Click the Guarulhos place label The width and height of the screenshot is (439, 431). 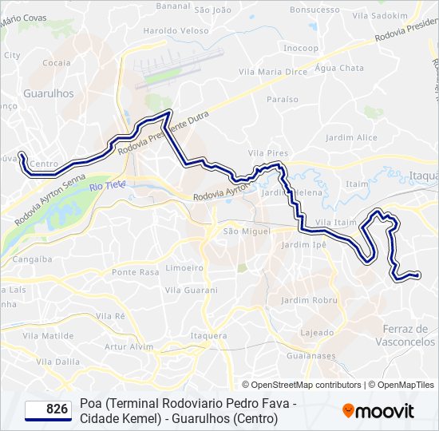(48, 93)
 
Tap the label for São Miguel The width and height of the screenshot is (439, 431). (242, 231)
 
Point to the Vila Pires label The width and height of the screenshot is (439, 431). (267, 152)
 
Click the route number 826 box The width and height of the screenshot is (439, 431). (48, 409)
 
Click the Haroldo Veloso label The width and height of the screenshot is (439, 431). (169, 31)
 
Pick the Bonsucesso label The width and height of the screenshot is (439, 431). (314, 10)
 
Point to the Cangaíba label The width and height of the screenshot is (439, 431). (32, 259)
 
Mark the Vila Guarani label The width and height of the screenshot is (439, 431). (190, 290)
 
